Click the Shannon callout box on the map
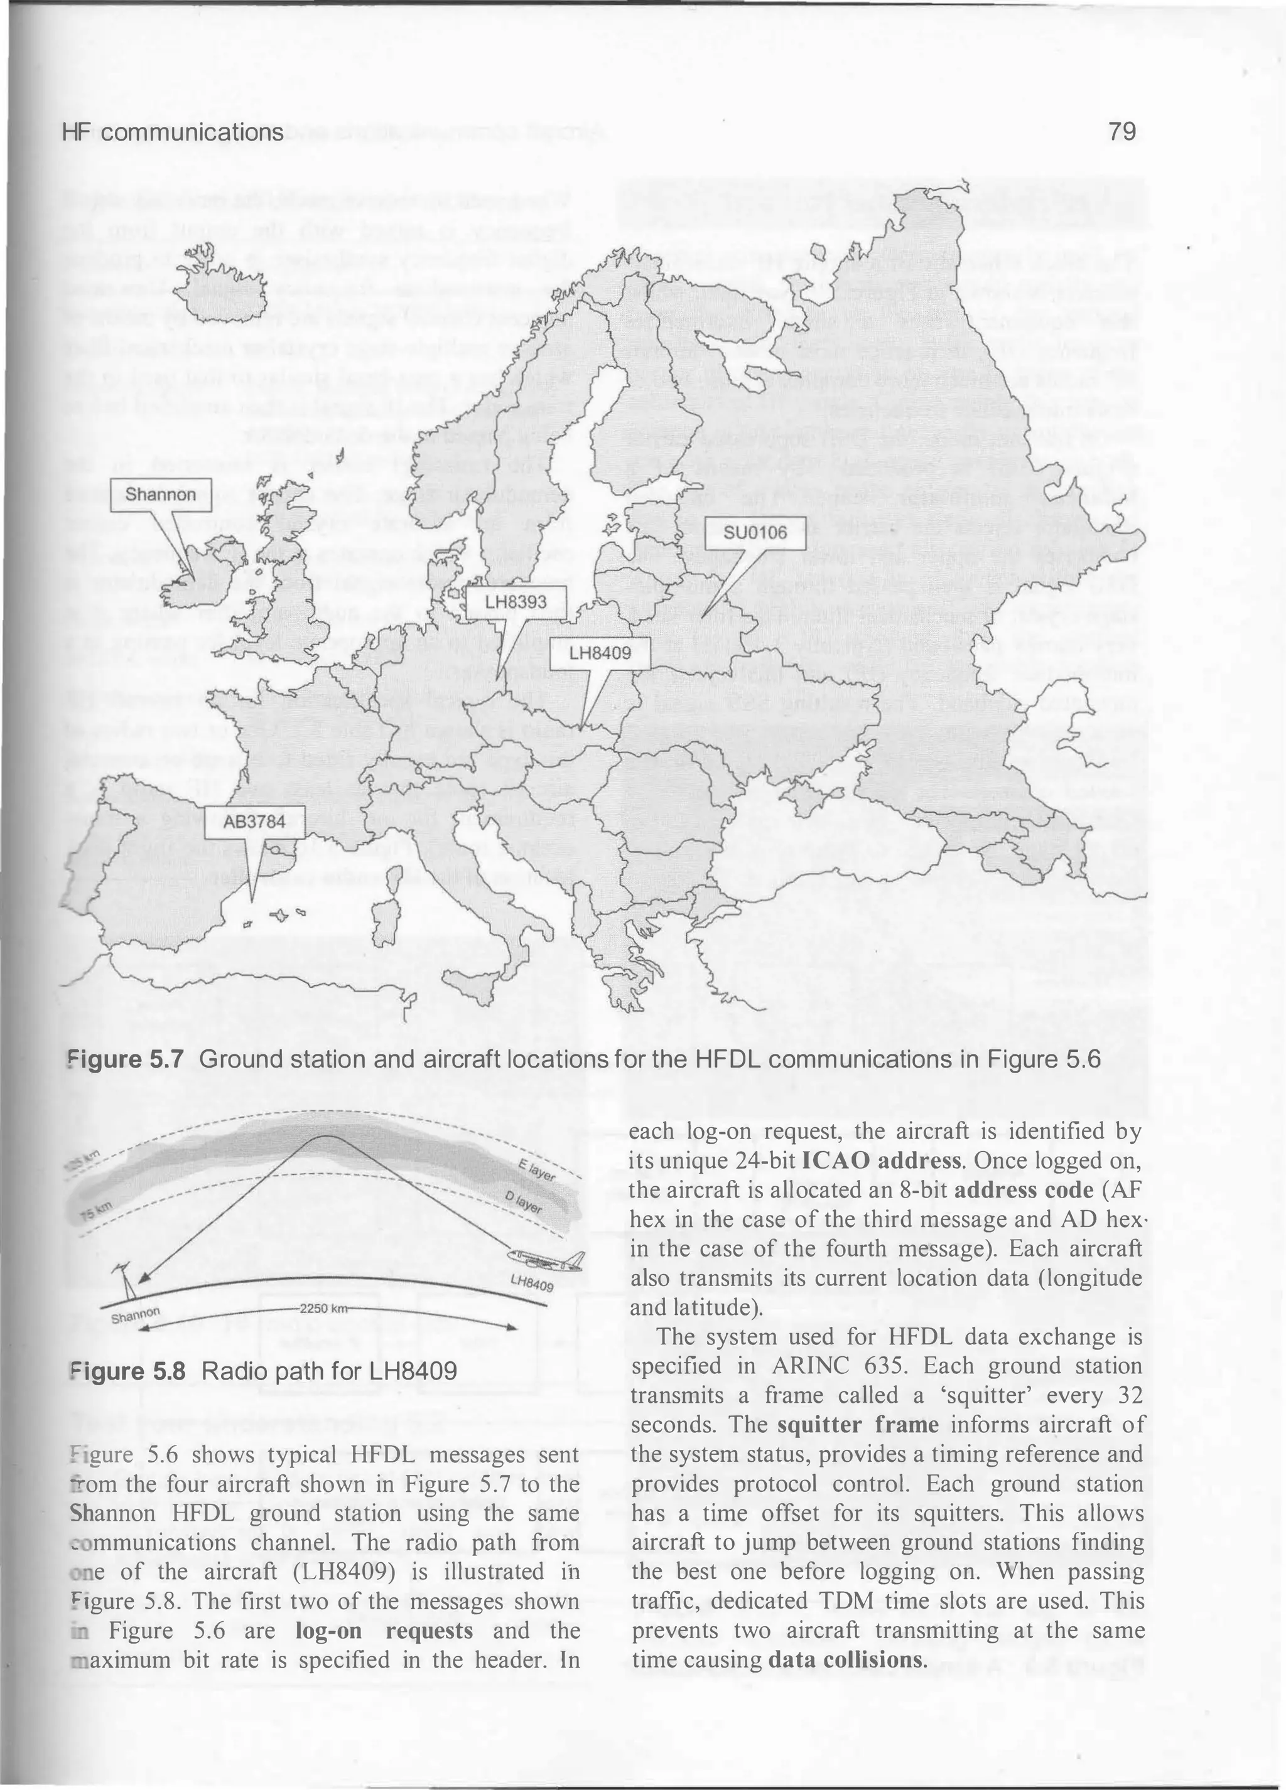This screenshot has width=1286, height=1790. point(160,495)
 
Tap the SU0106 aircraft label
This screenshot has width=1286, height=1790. point(755,533)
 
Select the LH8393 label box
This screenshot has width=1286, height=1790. point(516,602)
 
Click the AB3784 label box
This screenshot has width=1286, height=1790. point(254,822)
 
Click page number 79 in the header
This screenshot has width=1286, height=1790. point(1121,132)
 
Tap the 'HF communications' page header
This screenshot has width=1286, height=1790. point(172,132)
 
